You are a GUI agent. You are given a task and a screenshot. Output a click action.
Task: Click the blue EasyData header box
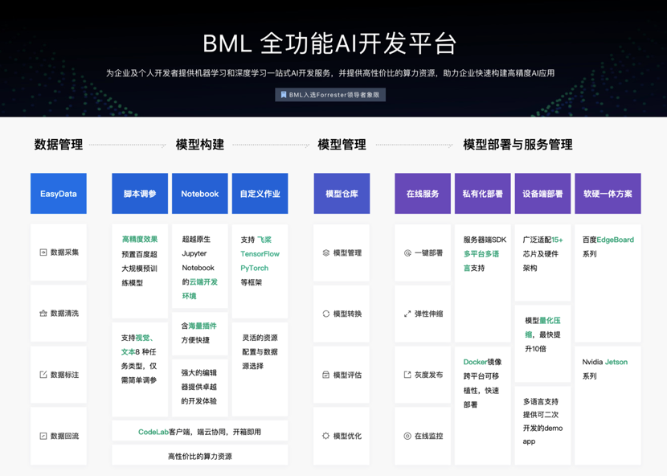coord(59,194)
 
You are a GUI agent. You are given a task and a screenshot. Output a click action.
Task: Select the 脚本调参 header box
coord(140,194)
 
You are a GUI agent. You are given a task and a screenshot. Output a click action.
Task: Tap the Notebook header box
coord(200,194)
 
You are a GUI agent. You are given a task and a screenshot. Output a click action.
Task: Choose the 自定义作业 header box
coord(260,194)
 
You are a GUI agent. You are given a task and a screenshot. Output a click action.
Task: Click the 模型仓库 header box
coord(342,194)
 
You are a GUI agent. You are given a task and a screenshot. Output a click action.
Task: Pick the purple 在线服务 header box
coord(423,194)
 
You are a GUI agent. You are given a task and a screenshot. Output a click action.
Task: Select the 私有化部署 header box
coord(482,194)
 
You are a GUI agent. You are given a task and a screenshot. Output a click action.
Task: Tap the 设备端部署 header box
coord(542,194)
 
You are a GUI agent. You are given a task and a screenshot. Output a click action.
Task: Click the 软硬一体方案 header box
coord(608,194)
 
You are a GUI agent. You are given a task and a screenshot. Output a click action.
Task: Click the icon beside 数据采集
coord(43,252)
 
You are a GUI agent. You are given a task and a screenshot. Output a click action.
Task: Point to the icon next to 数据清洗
coord(43,314)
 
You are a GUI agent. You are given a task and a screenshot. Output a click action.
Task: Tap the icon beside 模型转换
coord(326,314)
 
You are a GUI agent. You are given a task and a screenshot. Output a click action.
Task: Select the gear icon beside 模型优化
coord(326,436)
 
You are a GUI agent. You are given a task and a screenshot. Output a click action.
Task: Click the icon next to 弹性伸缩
coord(407,314)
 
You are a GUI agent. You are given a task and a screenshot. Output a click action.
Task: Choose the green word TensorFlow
coord(260,254)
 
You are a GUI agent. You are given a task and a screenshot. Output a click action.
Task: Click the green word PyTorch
coord(255,268)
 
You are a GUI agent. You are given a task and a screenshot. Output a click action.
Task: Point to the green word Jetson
coord(616,362)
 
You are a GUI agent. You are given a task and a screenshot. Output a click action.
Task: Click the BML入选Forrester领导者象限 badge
coord(330,95)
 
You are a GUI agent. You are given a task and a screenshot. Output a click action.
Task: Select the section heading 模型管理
coord(342,145)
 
